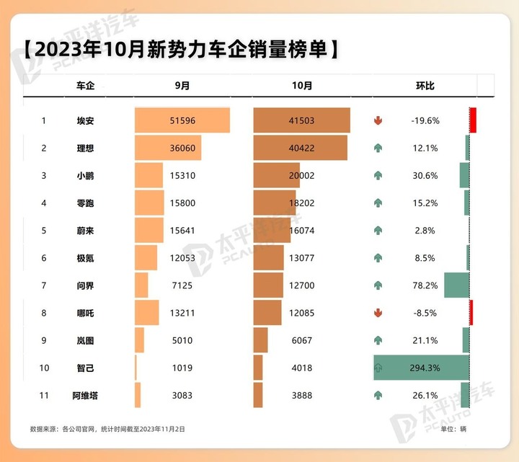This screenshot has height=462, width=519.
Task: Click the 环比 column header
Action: point(425,86)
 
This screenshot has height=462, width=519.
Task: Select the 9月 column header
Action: point(182,86)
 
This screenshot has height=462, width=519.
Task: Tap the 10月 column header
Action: point(302,86)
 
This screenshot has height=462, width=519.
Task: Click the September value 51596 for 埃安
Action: point(182,120)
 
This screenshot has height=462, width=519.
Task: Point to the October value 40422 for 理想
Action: point(301,148)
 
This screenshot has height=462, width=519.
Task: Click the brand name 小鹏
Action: point(85,175)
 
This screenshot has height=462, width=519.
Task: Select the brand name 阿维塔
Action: point(85,395)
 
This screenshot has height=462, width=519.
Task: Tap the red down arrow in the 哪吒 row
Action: point(378,313)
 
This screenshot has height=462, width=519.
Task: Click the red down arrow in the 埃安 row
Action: point(378,120)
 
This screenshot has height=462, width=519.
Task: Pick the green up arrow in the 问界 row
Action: point(378,285)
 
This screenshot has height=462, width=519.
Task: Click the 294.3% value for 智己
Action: point(425,368)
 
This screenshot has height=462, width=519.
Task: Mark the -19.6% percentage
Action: point(425,120)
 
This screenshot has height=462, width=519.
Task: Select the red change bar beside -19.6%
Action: point(473,120)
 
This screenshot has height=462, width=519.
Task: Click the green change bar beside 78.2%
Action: point(457,285)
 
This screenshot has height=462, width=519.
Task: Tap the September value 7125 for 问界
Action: point(182,285)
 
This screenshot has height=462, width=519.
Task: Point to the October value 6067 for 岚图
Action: point(302,340)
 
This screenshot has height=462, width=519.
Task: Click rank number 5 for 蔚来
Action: point(44,231)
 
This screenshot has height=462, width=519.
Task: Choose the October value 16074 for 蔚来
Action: point(301,231)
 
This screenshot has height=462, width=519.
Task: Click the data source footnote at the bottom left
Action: point(107,430)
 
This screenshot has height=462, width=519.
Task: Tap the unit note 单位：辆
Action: point(453,430)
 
